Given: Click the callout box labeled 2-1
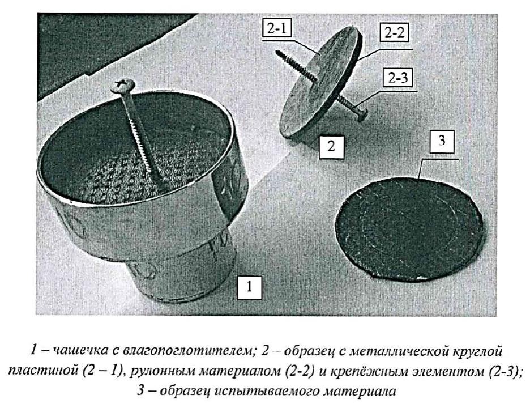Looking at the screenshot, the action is [276, 29].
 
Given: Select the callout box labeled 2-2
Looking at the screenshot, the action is [394, 32].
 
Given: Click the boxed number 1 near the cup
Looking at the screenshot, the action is [250, 287].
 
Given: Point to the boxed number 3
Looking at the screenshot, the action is [442, 141].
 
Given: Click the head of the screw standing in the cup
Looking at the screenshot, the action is [123, 83].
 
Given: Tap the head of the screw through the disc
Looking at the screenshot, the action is [361, 113].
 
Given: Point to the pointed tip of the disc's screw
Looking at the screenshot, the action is [277, 52].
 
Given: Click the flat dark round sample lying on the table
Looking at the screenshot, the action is [409, 230].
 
